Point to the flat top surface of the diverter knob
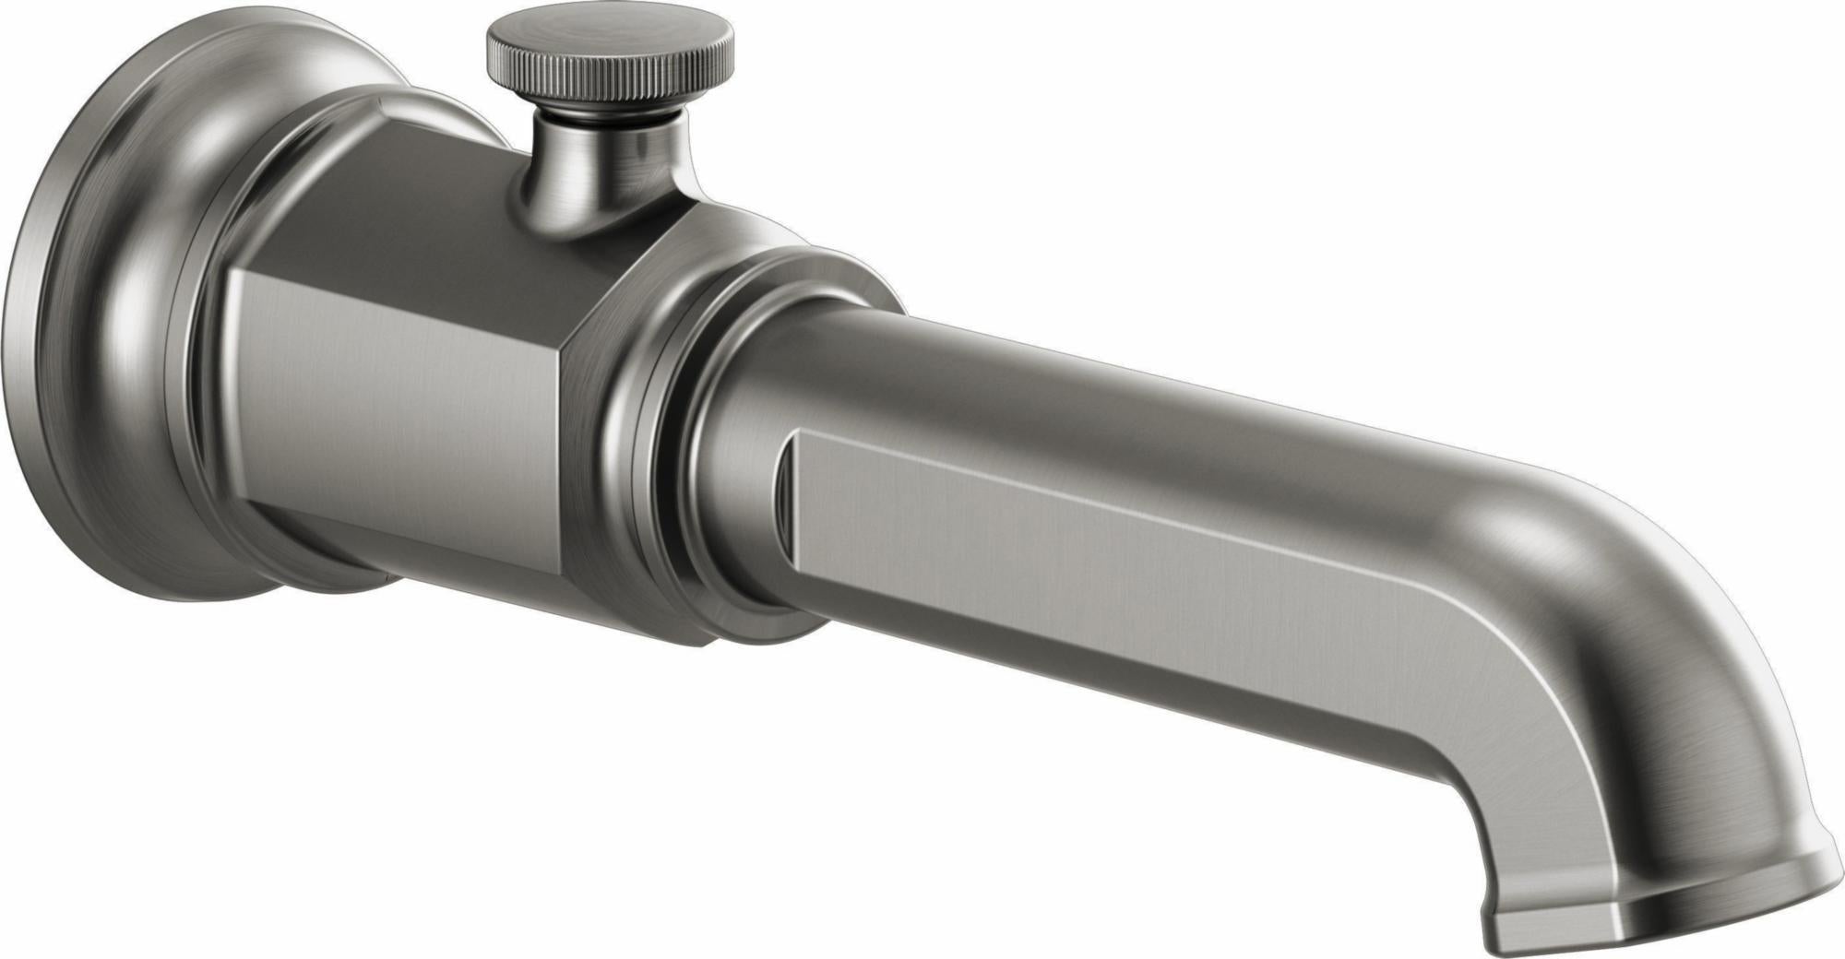tap(609, 37)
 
